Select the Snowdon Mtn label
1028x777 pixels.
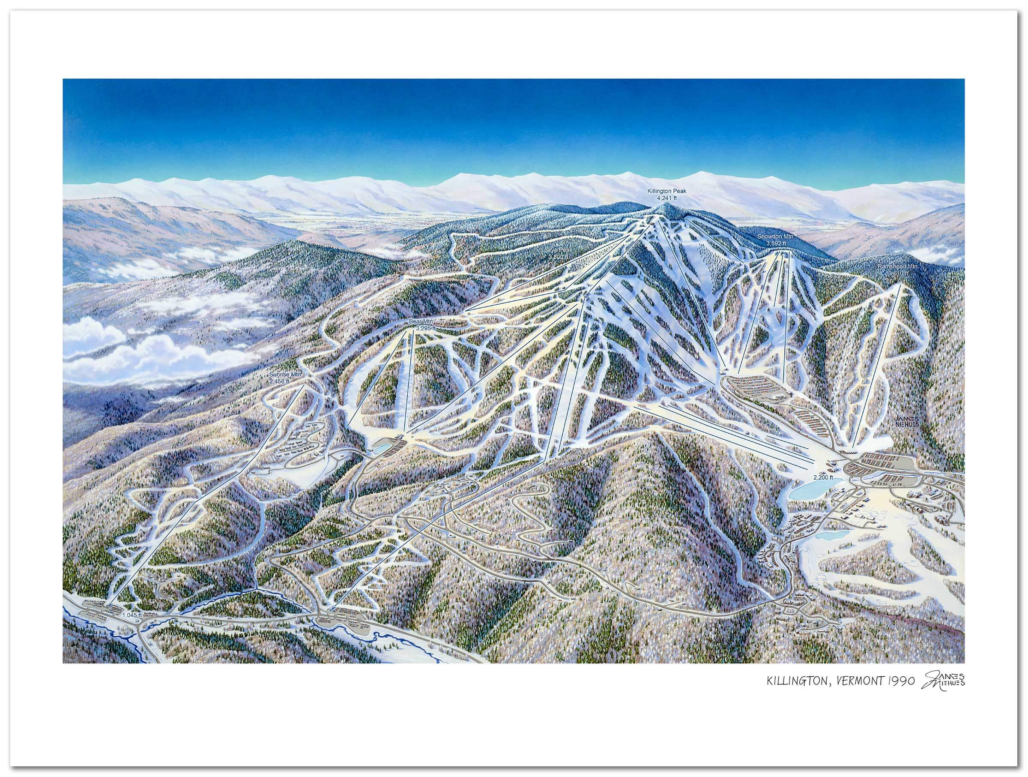click(776, 236)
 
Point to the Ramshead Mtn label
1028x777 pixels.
click(891, 267)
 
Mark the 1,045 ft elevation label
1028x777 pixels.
click(131, 615)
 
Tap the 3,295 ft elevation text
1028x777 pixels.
click(426, 328)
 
